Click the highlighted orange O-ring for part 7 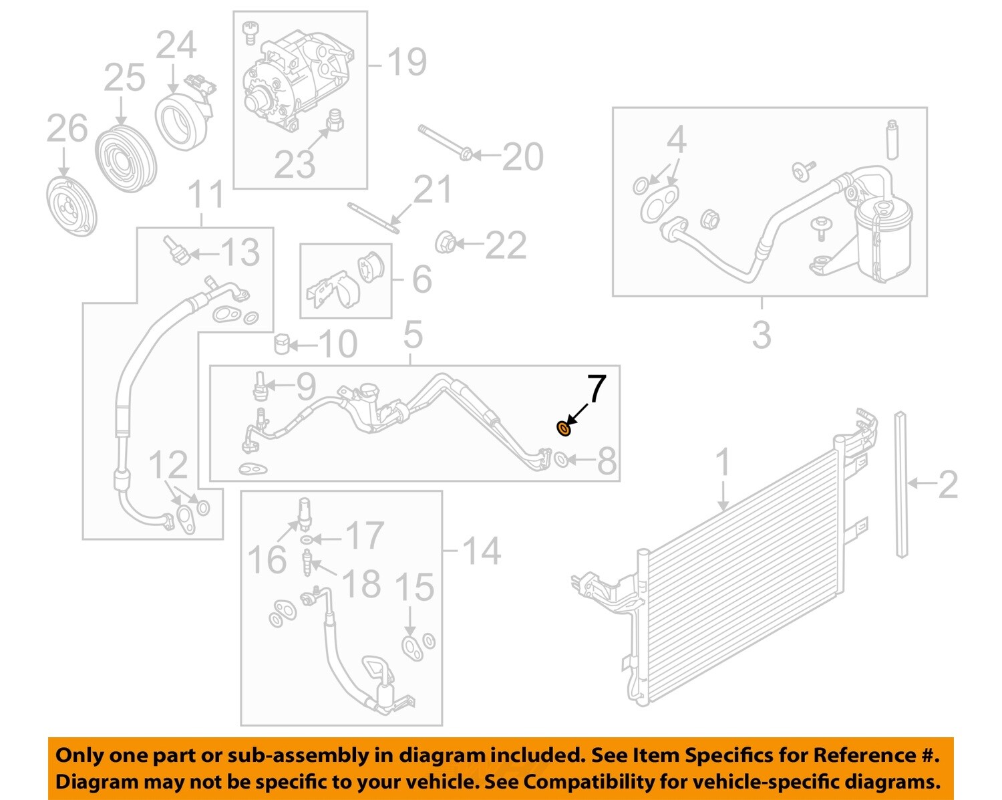click(x=564, y=428)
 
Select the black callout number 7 click(x=596, y=390)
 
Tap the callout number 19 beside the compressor click(x=406, y=62)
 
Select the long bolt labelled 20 click(x=444, y=142)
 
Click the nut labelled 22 click(x=445, y=243)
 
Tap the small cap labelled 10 click(x=283, y=344)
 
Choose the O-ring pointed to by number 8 click(x=562, y=460)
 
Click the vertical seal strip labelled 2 click(x=901, y=485)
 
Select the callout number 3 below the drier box click(x=762, y=334)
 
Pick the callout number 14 click(x=481, y=551)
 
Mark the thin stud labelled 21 click(x=374, y=218)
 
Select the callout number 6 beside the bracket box click(x=421, y=279)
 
